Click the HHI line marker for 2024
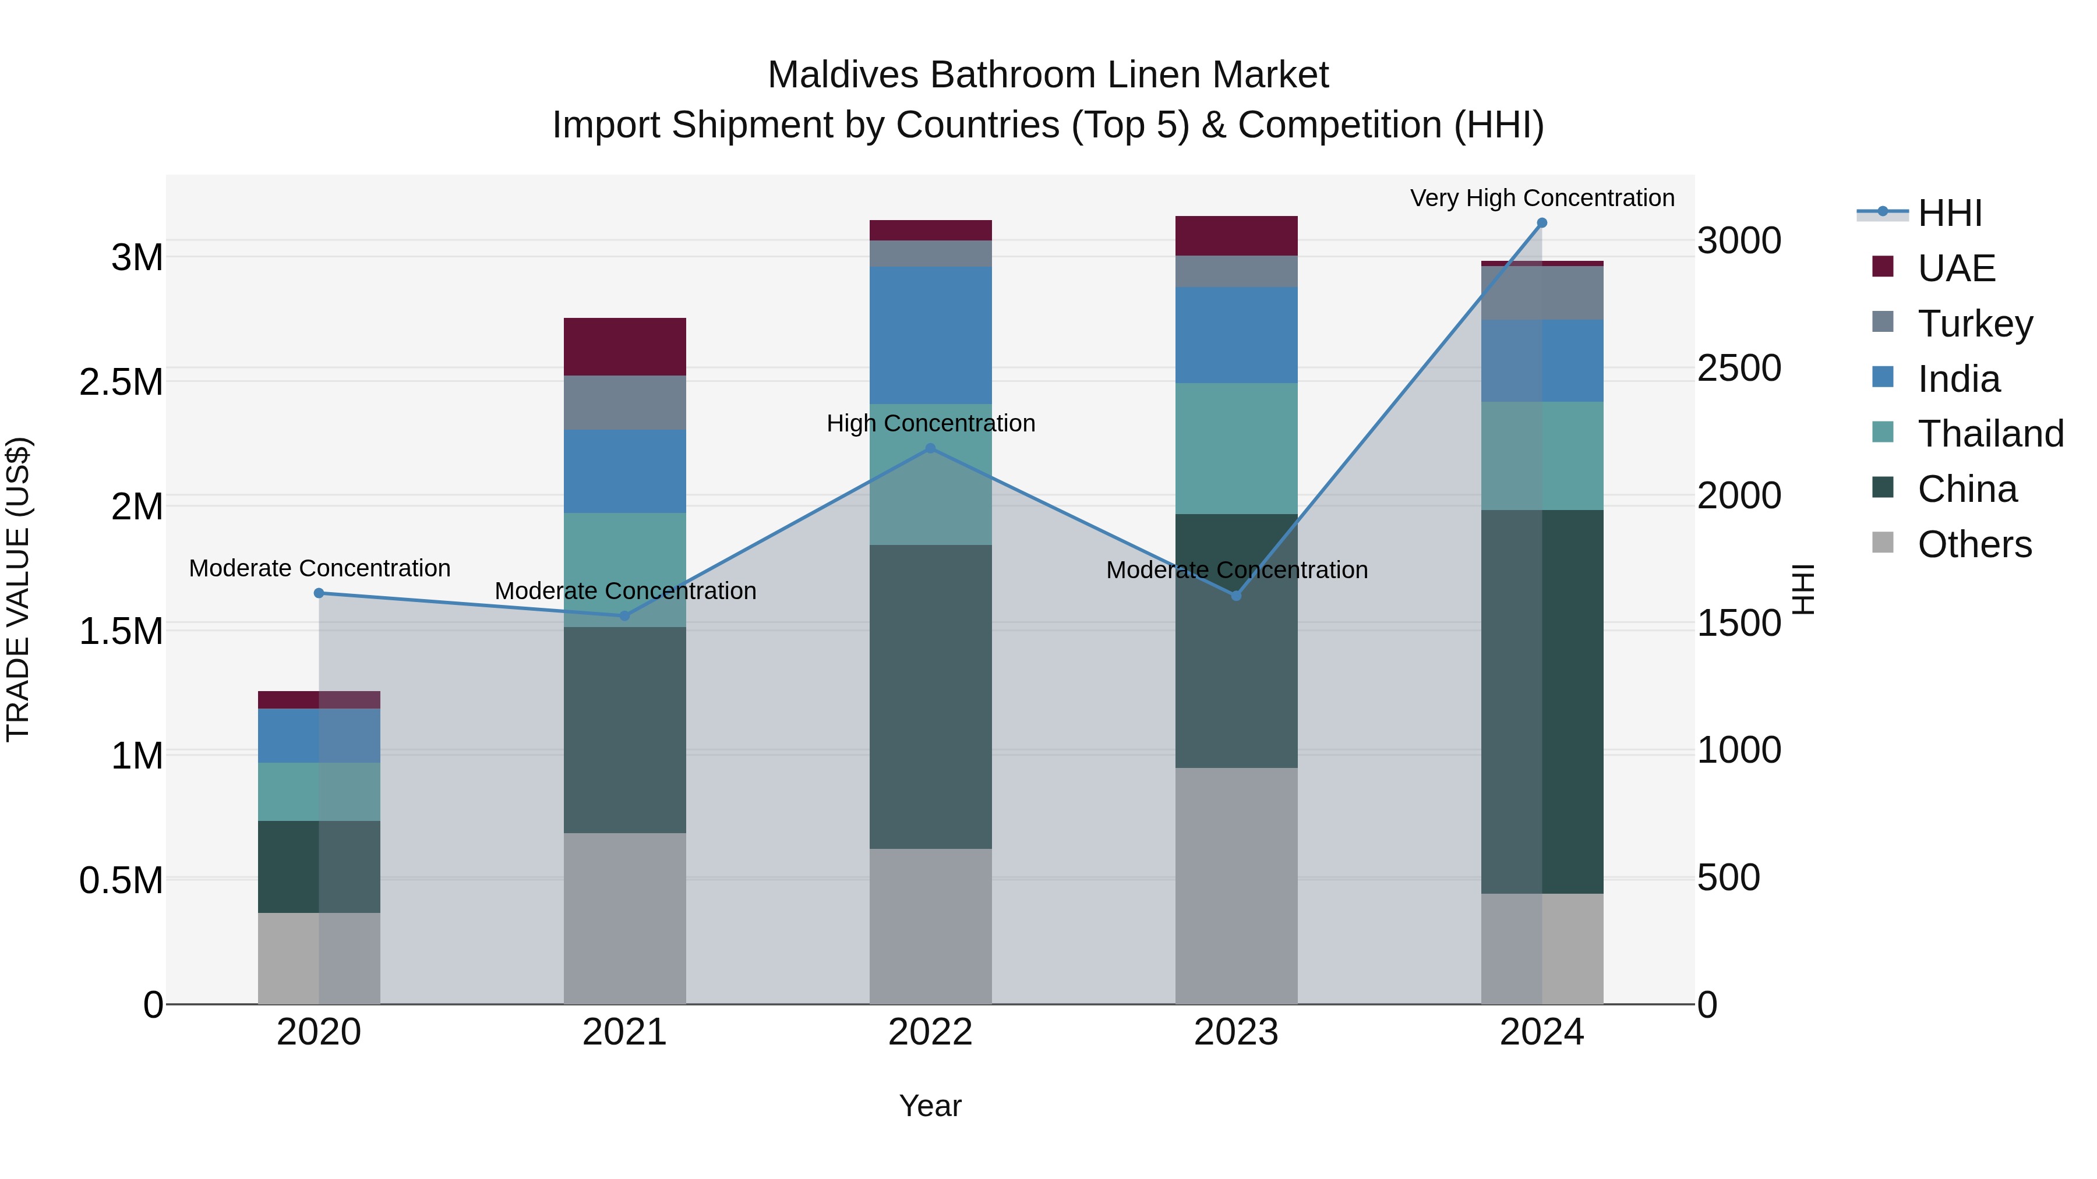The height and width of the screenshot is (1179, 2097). point(1542,223)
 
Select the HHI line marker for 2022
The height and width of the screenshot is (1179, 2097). point(930,448)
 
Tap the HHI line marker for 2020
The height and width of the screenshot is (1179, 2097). point(319,593)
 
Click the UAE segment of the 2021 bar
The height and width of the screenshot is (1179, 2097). point(624,346)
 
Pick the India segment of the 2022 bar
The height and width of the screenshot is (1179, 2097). point(930,335)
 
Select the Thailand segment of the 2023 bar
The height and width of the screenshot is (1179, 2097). point(1235,448)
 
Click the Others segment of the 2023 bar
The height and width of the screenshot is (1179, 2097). point(1235,885)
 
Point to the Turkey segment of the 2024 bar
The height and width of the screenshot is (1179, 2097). point(1542,293)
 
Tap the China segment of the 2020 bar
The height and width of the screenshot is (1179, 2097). point(319,866)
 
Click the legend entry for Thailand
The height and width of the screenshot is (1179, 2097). point(1990,434)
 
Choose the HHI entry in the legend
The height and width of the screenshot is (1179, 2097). point(1949,213)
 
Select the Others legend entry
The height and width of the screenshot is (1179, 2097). point(1974,544)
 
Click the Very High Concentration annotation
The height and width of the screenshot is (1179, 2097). point(1542,198)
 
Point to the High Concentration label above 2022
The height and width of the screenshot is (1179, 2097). point(930,423)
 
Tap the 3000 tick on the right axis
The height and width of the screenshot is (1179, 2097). point(1739,241)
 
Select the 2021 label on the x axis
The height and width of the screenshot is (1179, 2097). point(624,1032)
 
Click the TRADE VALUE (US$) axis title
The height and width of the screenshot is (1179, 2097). point(18,589)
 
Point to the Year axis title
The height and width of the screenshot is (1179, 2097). point(930,1106)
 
